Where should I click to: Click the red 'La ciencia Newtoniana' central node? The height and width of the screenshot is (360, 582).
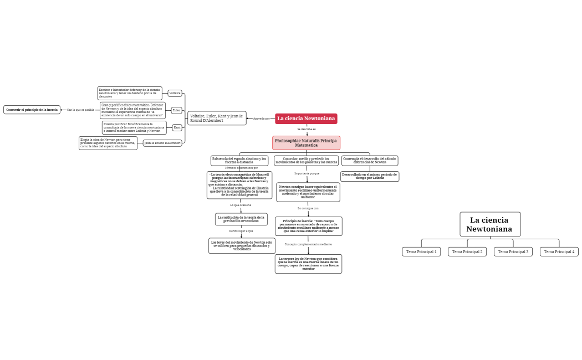click(306, 119)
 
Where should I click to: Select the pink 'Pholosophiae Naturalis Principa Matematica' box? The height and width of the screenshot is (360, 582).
click(306, 143)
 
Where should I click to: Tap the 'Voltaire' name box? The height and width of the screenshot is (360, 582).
click(175, 93)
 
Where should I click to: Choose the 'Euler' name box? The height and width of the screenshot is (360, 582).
click(176, 110)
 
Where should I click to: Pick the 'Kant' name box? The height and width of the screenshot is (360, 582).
click(177, 127)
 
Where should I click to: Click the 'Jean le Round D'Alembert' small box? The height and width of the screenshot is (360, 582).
click(162, 143)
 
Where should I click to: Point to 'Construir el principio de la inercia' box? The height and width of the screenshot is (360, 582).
click(32, 110)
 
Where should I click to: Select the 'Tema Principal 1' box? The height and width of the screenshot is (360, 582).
click(421, 251)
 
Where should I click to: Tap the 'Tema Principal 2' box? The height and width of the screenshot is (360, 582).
click(467, 251)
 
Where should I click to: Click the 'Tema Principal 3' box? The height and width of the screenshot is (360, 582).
click(513, 251)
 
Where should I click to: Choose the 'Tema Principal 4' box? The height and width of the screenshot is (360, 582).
click(559, 251)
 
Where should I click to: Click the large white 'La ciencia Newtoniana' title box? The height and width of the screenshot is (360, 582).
click(490, 224)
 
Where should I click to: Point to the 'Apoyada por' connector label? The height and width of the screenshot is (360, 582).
click(261, 119)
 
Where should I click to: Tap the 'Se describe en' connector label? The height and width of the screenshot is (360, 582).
click(307, 129)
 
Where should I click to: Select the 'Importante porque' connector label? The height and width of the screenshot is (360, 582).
click(307, 173)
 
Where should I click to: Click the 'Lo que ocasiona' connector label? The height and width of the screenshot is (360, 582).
click(241, 205)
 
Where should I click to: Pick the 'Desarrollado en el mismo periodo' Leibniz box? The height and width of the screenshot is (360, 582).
click(370, 176)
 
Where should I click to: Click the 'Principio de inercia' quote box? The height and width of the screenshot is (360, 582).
click(309, 226)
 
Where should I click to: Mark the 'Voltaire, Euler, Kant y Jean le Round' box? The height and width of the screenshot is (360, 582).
click(217, 118)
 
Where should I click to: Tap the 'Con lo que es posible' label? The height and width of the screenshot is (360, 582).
click(80, 110)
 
